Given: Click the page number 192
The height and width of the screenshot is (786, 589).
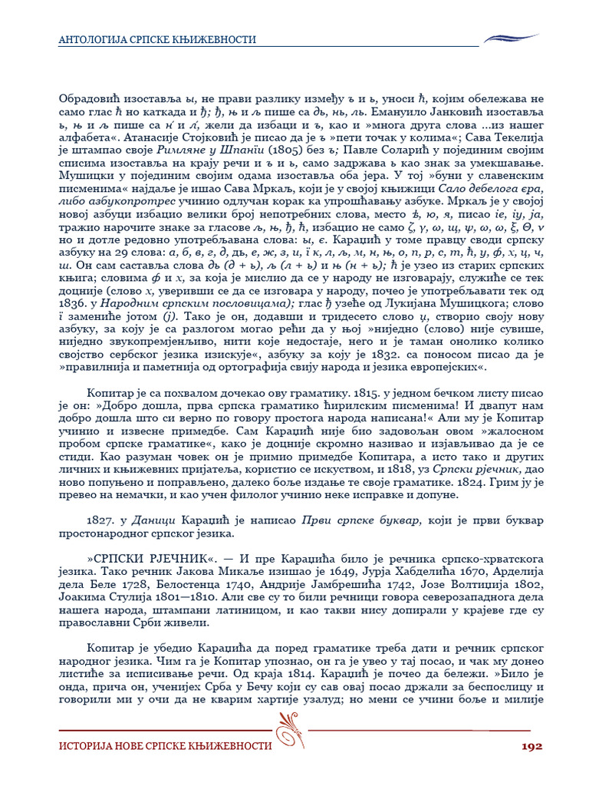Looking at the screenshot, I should tap(531, 746).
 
